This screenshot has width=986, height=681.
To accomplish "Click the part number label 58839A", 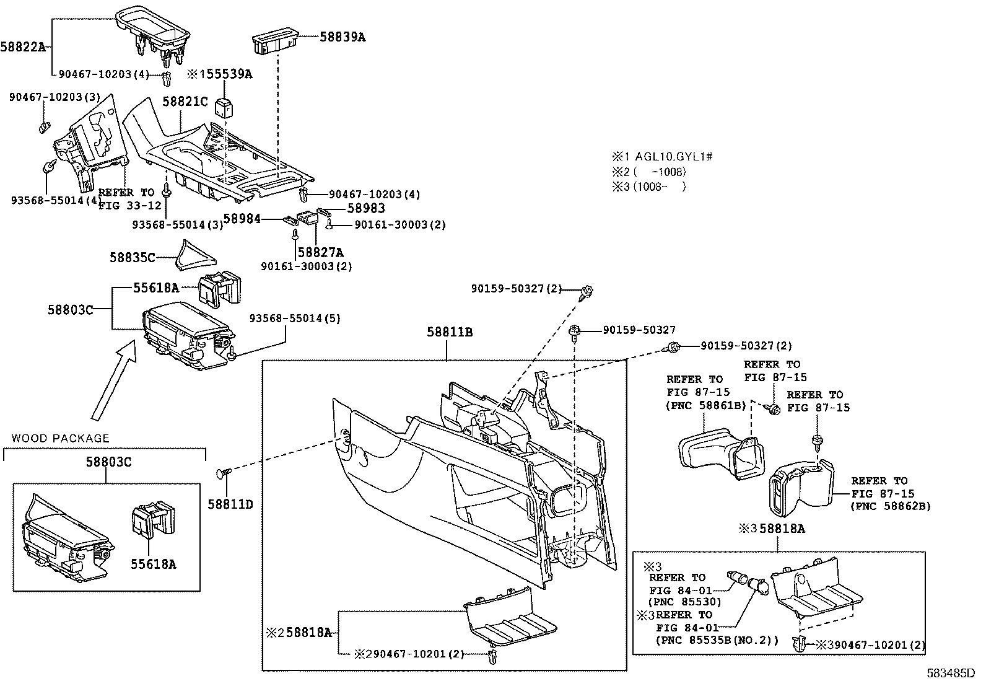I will tap(342, 37).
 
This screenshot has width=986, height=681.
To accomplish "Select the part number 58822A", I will tap(23, 46).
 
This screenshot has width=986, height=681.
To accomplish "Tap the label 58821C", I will tap(185, 102).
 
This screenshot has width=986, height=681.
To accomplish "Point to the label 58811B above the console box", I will tap(449, 332).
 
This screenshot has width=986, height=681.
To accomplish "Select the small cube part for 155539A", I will tap(224, 107).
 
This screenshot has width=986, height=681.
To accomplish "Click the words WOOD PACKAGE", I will tap(60, 438).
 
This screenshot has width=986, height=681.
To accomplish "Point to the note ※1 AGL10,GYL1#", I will tap(662, 157).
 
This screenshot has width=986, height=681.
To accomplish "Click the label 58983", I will tap(365, 209).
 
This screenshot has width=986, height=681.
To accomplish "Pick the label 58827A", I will tap(320, 252).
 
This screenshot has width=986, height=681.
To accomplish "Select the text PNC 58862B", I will tap(891, 506).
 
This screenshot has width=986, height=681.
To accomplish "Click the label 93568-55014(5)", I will tap(294, 319).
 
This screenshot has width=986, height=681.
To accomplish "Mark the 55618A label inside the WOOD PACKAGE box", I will tap(152, 564).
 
